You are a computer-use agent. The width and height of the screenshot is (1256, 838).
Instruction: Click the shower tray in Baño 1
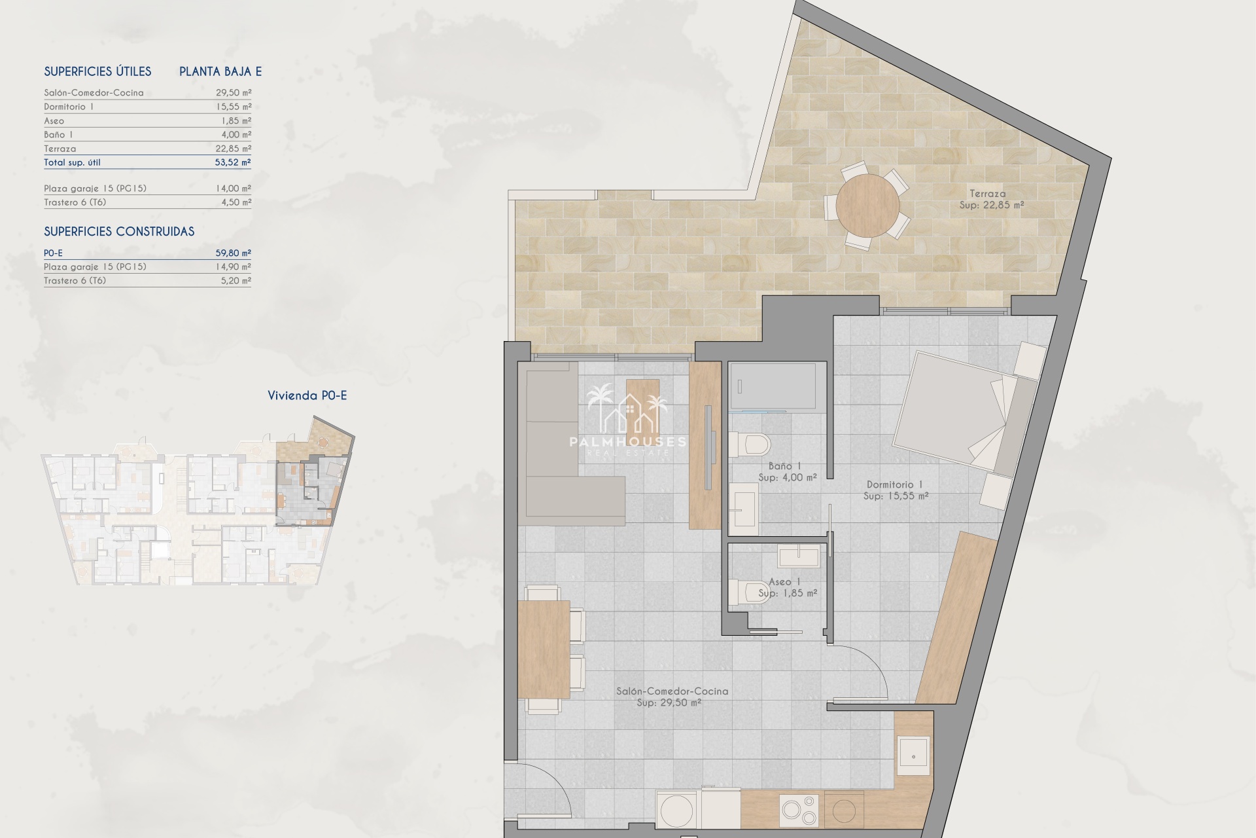tap(773, 386)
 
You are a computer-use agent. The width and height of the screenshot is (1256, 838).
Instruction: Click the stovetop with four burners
tap(799, 810)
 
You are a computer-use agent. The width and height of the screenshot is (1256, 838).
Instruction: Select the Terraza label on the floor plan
tap(988, 193)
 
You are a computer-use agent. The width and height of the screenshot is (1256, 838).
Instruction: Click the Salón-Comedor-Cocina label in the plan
tap(672, 691)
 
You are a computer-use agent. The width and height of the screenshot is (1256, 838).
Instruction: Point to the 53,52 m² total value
tap(233, 162)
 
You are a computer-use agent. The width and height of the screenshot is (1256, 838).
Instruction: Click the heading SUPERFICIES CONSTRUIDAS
tap(119, 232)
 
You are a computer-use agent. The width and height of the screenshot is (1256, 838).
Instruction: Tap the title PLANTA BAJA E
tap(220, 72)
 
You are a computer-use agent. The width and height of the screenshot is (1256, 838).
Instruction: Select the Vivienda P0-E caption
tap(307, 395)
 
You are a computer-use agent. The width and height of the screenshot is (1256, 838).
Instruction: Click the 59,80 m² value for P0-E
tap(234, 253)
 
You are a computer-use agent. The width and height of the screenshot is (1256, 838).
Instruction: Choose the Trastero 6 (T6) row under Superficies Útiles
tap(147, 202)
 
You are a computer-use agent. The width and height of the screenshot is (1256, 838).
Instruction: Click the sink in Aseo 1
tap(799, 556)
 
